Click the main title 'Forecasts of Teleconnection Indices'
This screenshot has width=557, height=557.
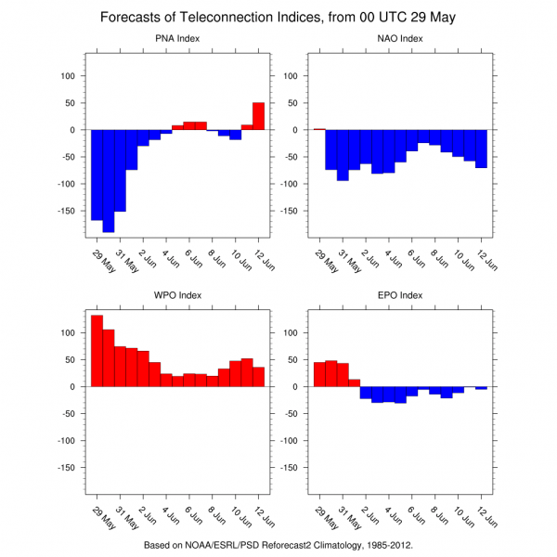(x=278, y=17)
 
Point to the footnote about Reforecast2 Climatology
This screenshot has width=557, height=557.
(x=278, y=546)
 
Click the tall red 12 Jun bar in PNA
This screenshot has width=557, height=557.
(x=259, y=116)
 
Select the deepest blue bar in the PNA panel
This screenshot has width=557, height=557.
(x=109, y=181)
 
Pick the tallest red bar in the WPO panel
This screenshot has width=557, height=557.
(x=97, y=351)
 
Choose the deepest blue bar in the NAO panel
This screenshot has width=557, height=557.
(x=343, y=155)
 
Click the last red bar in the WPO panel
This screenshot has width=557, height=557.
(x=259, y=377)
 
